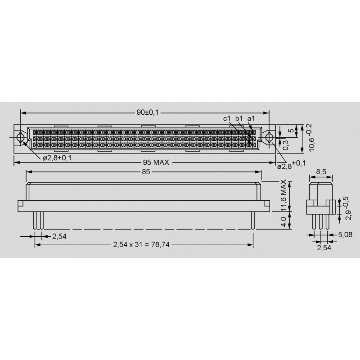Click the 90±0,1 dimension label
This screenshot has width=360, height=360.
coord(148,112)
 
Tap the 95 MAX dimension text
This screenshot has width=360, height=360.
coord(156,162)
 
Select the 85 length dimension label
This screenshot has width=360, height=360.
coord(146,172)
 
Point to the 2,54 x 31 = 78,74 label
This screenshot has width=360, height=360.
coord(141,244)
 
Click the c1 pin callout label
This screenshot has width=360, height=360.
coord(227,118)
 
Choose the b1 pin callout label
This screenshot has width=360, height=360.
coord(239,118)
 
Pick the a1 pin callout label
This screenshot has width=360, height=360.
coord(251,118)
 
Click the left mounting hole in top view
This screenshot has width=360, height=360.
coord(20,138)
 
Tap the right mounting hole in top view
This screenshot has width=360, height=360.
coord(268,138)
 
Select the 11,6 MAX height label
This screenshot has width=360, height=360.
coord(284,195)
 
